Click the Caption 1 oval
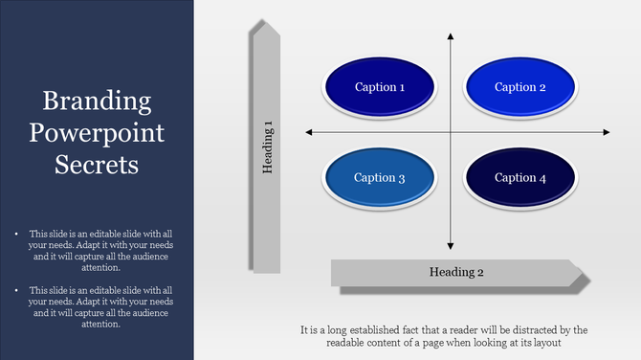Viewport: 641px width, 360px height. (380, 87)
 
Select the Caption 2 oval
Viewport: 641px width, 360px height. (520, 87)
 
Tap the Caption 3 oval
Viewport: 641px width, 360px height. (380, 177)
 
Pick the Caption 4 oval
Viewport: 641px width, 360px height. (520, 177)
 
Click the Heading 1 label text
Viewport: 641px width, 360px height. (269, 146)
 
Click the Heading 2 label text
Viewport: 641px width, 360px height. (456, 272)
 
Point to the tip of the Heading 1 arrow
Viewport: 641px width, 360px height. (266, 21)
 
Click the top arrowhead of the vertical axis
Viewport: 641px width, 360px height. (450, 35)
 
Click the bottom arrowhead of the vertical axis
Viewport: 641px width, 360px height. (450, 248)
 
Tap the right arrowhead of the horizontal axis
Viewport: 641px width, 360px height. (594, 131)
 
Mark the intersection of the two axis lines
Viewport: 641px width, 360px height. (450, 131)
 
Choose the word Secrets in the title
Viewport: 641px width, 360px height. (98, 164)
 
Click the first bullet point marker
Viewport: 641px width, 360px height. (16, 233)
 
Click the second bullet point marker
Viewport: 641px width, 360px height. (16, 289)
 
